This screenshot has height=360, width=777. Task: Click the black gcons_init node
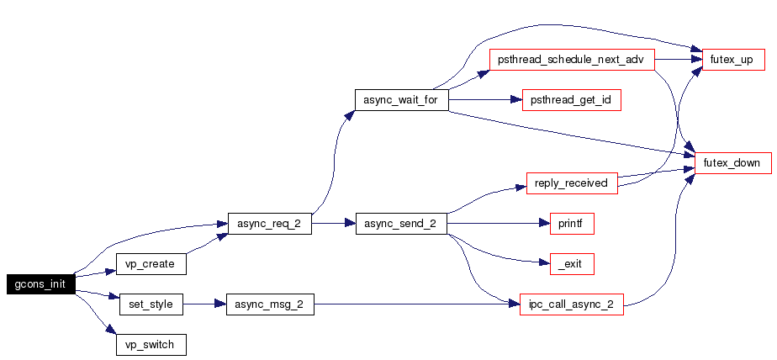click(x=41, y=284)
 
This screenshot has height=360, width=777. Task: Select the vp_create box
click(x=151, y=264)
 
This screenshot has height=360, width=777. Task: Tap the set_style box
click(x=151, y=304)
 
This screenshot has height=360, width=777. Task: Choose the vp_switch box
click(x=151, y=345)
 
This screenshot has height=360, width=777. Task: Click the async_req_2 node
click(x=270, y=224)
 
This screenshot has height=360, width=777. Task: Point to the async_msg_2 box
click(x=270, y=304)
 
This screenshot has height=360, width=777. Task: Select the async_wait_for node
click(x=402, y=99)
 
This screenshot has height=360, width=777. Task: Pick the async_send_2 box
click(x=401, y=224)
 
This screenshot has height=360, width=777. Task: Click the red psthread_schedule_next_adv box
click(x=572, y=60)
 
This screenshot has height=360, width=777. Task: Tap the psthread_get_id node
click(x=572, y=99)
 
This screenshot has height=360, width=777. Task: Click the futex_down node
click(x=733, y=163)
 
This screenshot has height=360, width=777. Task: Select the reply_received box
click(x=572, y=183)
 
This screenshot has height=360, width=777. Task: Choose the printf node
click(x=572, y=224)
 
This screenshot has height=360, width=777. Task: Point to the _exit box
click(x=572, y=264)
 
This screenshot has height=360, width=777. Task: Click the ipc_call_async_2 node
click(x=572, y=304)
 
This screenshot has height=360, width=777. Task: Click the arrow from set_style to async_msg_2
click(x=204, y=304)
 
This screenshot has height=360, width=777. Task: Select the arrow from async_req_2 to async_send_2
click(x=334, y=224)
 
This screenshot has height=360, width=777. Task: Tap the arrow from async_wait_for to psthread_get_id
click(x=486, y=99)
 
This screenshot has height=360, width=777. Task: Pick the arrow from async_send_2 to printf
click(x=499, y=224)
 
